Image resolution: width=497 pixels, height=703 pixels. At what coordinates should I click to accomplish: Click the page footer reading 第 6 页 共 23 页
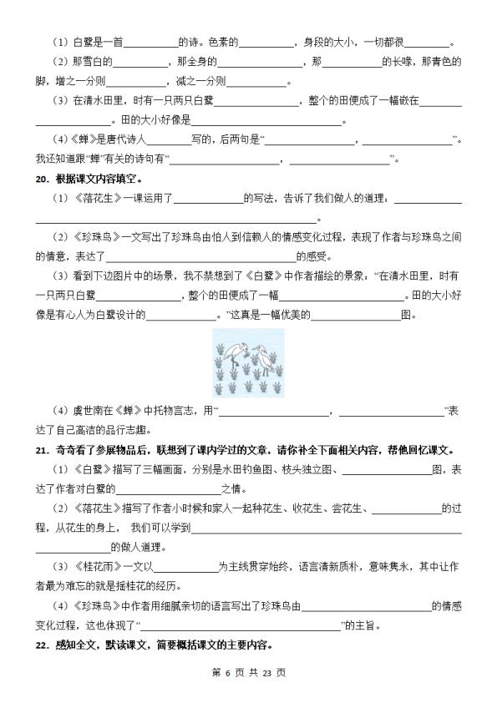tap(249, 672)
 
